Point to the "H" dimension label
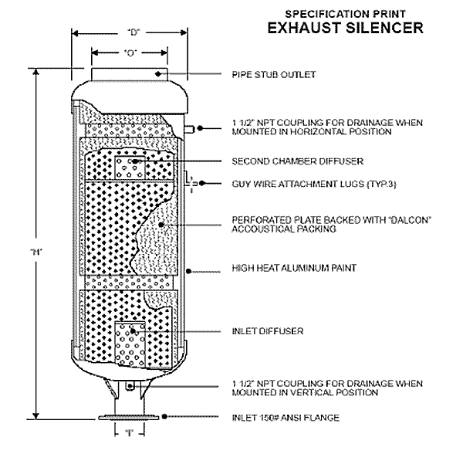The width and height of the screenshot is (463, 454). point(35,252)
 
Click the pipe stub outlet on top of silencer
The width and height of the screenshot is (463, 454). point(131,75)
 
